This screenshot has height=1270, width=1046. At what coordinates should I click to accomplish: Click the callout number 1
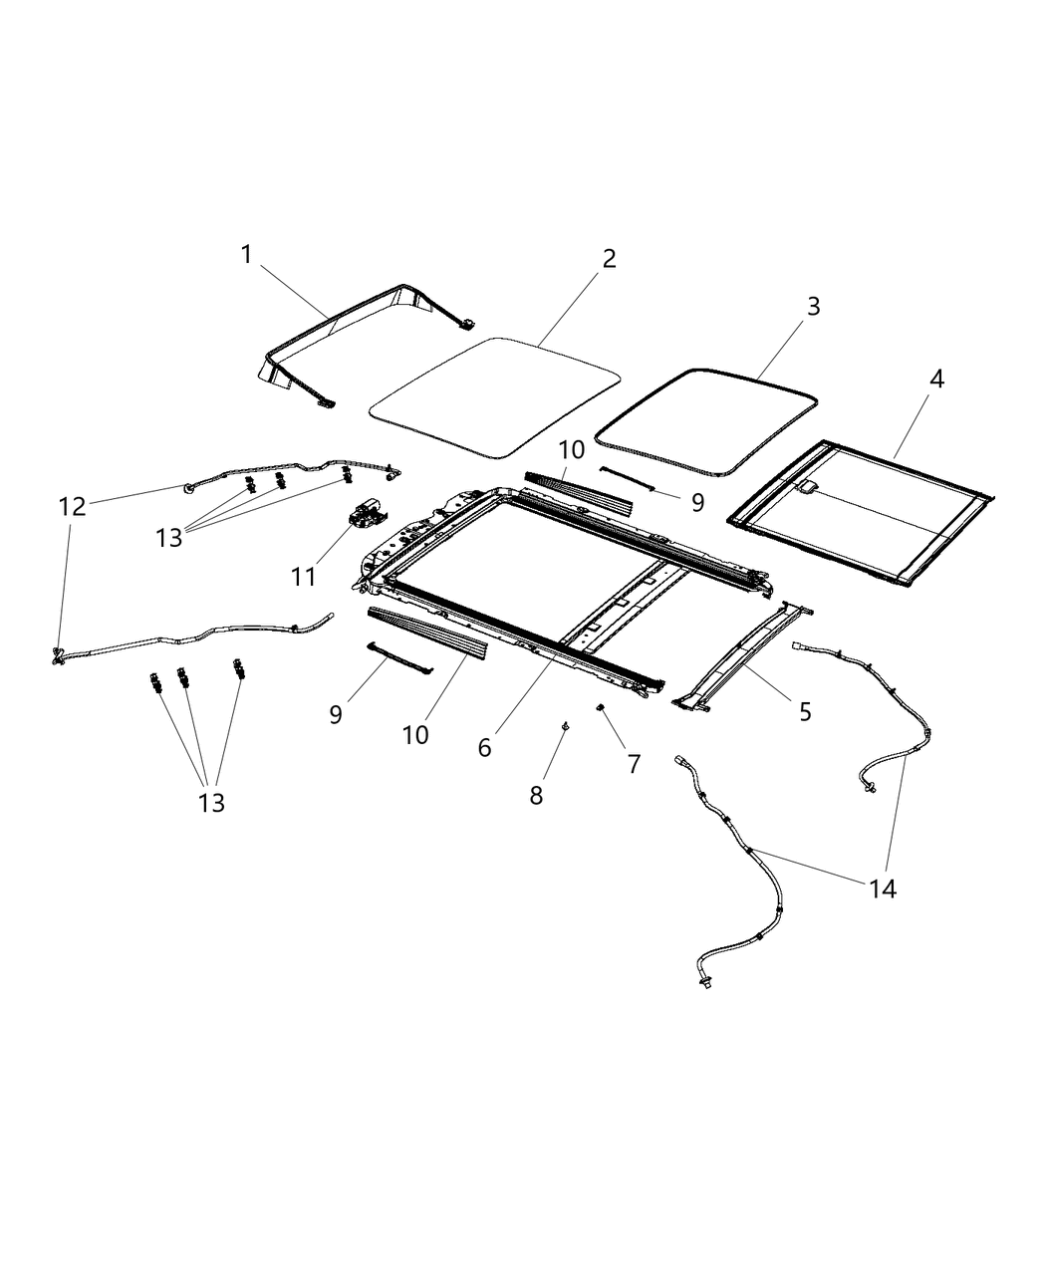[246, 255]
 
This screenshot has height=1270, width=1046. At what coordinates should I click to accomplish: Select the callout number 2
[609, 259]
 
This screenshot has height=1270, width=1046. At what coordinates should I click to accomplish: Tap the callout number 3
[813, 307]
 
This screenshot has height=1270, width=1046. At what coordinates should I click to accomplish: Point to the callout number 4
[936, 379]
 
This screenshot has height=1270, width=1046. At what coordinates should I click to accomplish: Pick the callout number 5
[804, 711]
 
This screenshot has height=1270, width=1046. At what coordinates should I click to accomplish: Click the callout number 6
[484, 747]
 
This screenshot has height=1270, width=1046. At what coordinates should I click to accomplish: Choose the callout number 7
[634, 764]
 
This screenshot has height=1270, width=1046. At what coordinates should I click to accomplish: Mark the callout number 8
[536, 795]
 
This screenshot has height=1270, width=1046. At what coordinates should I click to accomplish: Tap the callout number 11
[303, 576]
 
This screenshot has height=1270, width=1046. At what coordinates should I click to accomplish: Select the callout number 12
[72, 506]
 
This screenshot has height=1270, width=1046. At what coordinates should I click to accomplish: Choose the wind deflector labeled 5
[741, 657]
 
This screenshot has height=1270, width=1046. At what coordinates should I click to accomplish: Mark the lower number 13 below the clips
[211, 802]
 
